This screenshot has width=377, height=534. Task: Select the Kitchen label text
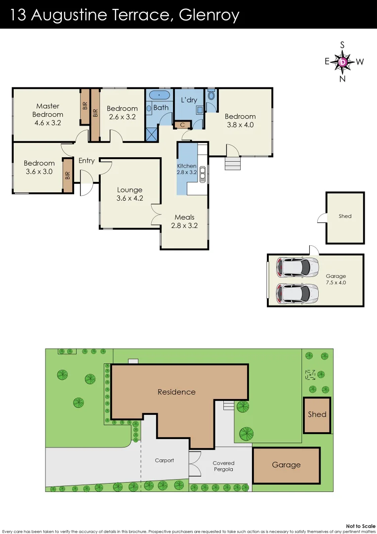click(x=187, y=166)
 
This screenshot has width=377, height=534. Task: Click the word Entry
click(x=86, y=160)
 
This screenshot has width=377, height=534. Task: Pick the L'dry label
click(x=189, y=100)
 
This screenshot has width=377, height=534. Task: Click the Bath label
click(x=161, y=107)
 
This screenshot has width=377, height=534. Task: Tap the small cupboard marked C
click(x=182, y=125)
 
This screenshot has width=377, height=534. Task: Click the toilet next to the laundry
click(x=211, y=94)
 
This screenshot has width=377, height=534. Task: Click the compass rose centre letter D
click(x=343, y=62)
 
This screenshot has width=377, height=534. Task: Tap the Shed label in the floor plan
click(x=345, y=216)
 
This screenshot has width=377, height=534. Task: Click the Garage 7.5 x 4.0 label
click(x=336, y=279)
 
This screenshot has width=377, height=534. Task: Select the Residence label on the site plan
click(x=176, y=392)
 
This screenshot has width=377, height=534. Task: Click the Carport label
click(x=165, y=460)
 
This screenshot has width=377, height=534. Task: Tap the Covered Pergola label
click(x=223, y=466)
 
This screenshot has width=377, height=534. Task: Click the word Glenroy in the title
click(x=209, y=15)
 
